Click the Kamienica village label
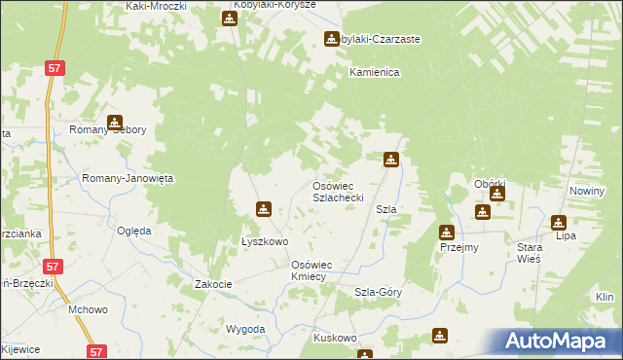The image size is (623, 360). pyautogui.click(x=376, y=73)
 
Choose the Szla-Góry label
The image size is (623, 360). pyautogui.click(x=379, y=292)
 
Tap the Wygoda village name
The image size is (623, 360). pyautogui.click(x=245, y=329)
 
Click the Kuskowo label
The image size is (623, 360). pyautogui.click(x=336, y=338)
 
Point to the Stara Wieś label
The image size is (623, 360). pyautogui.click(x=530, y=253)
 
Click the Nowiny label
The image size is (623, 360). pyautogui.click(x=588, y=191)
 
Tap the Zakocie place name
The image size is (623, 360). pyautogui.click(x=213, y=284)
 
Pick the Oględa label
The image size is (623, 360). pyautogui.click(x=134, y=231)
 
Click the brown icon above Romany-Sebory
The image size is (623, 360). pyautogui.click(x=115, y=124)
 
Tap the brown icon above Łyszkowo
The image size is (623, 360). pyautogui.click(x=263, y=208)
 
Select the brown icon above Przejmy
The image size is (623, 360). pyautogui.click(x=446, y=232)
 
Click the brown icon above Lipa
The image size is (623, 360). pyautogui.click(x=558, y=222)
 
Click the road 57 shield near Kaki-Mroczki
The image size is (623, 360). pyautogui.click(x=55, y=67)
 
